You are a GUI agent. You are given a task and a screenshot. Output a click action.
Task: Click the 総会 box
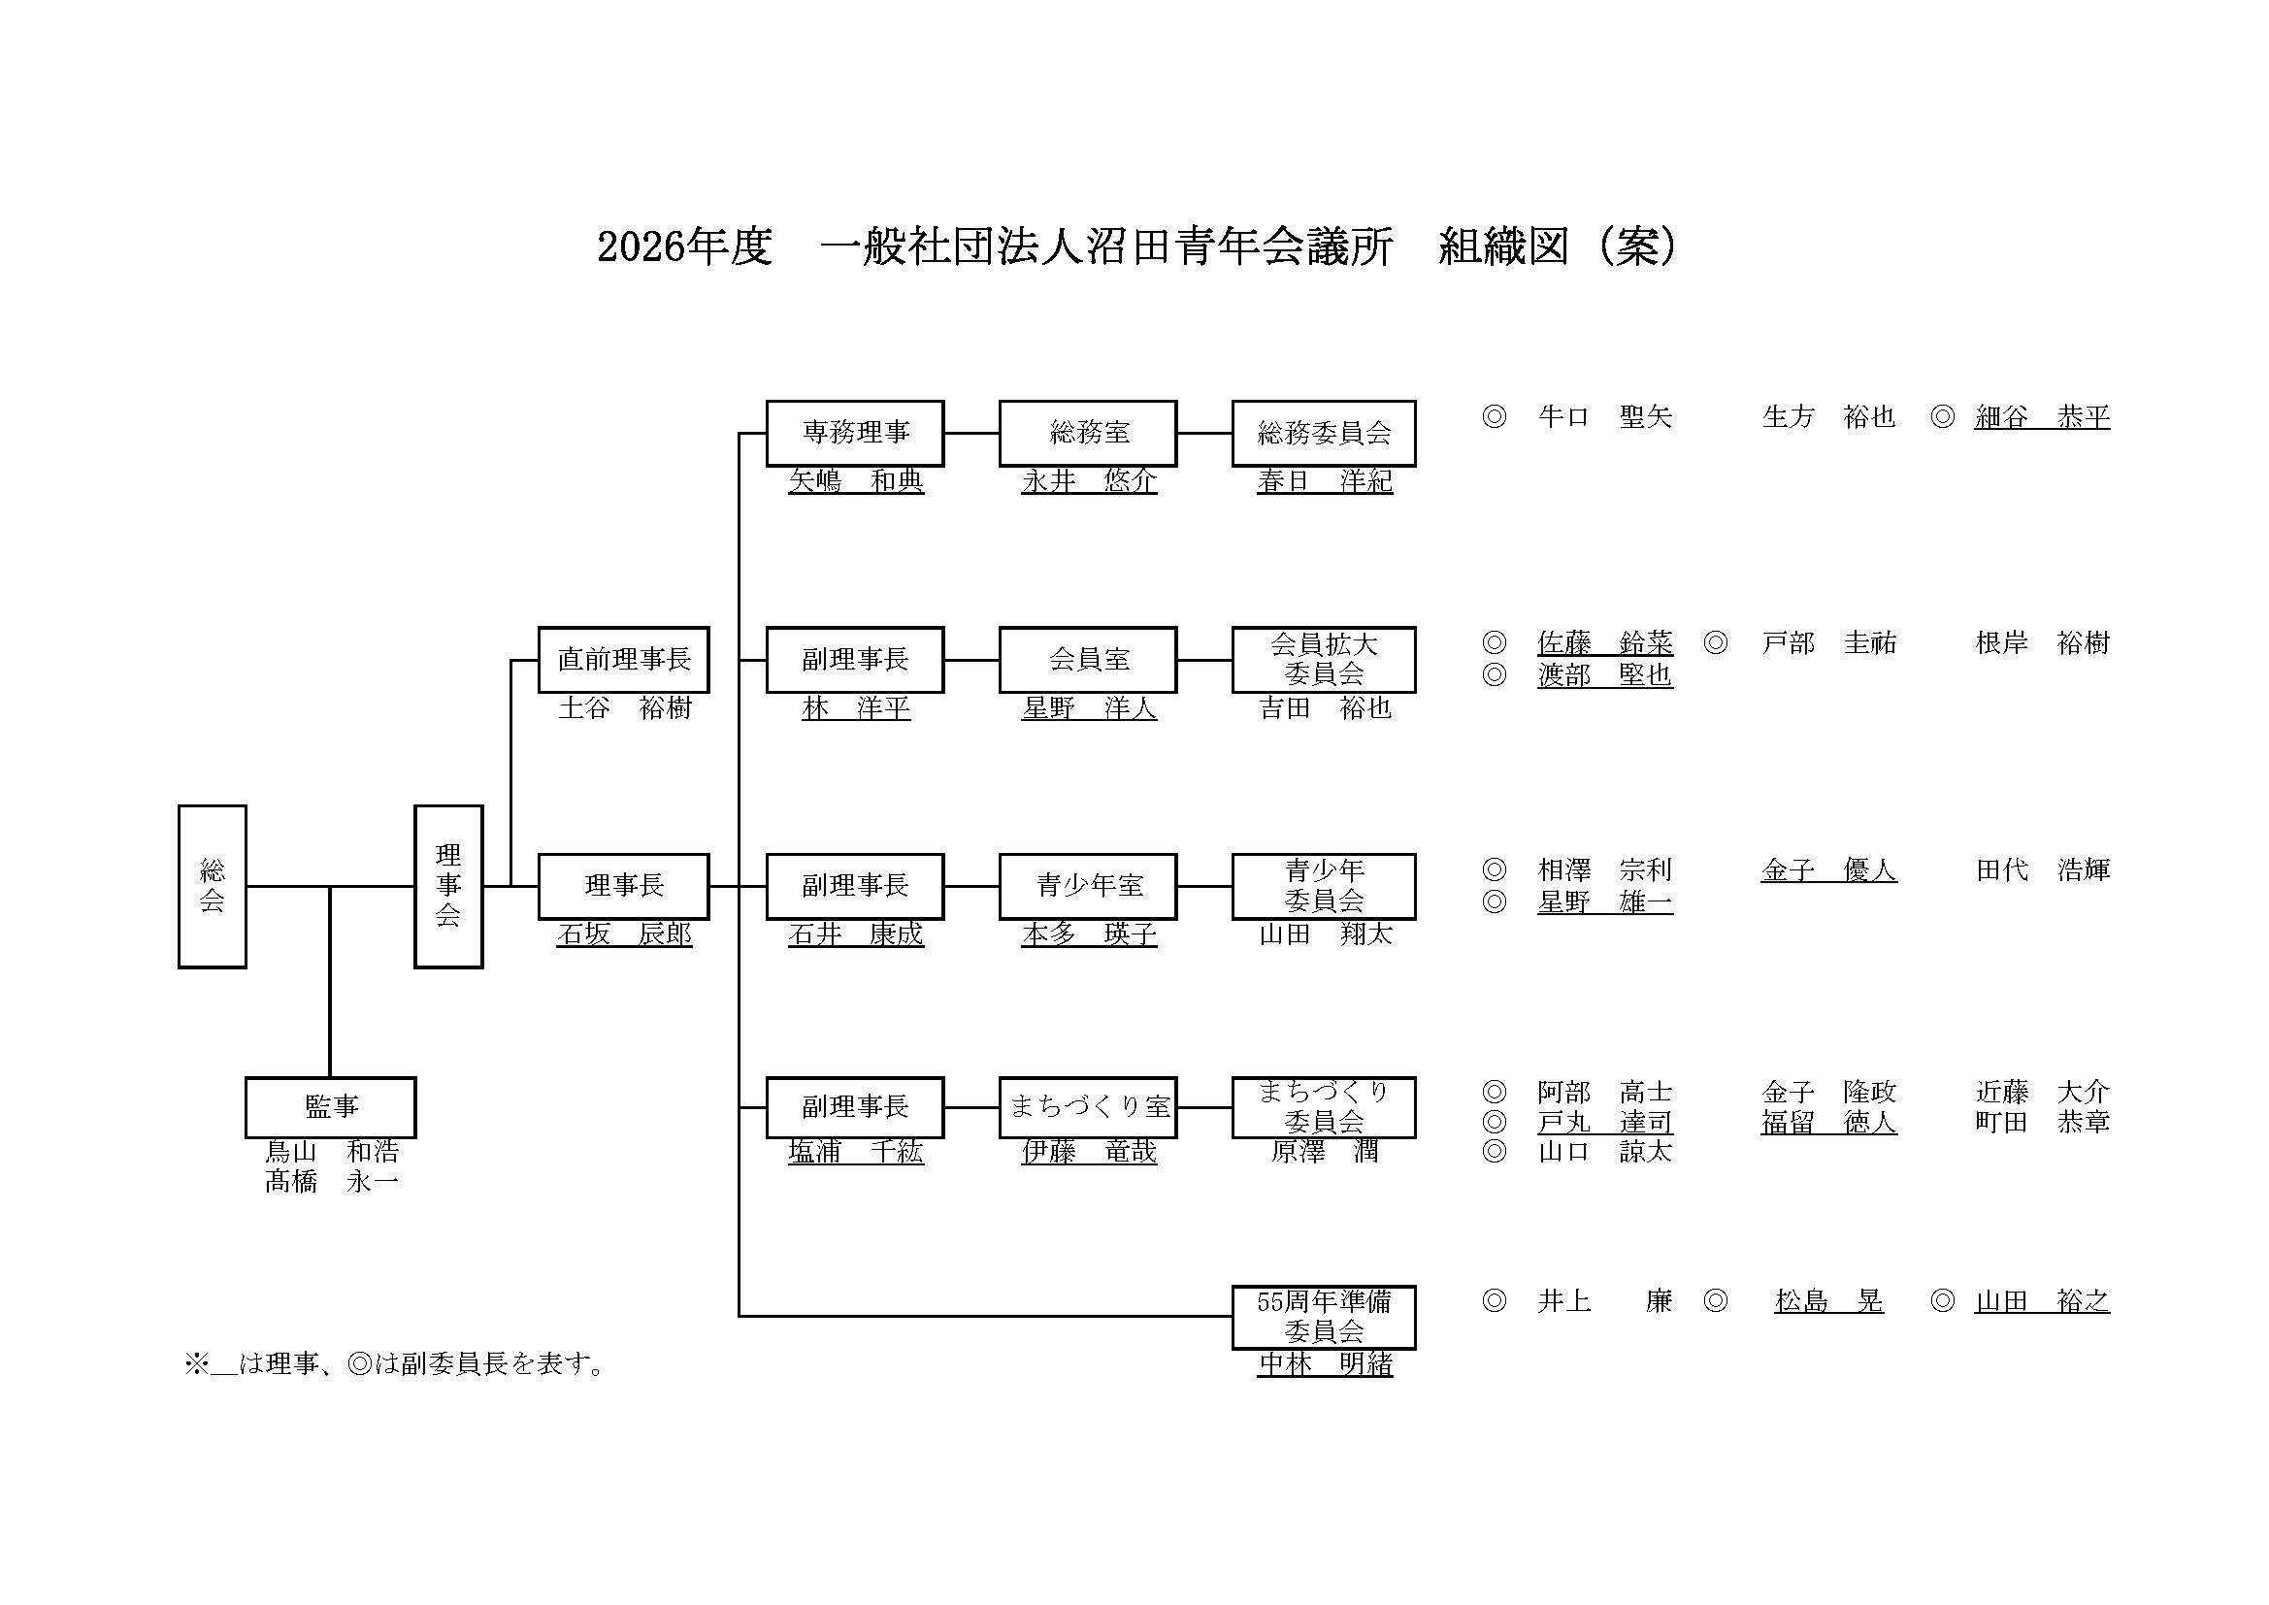click(212, 887)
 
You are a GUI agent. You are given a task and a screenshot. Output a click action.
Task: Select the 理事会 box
click(447, 887)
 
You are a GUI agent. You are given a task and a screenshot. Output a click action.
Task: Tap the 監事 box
click(330, 1107)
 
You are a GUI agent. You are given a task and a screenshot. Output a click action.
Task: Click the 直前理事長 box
click(624, 659)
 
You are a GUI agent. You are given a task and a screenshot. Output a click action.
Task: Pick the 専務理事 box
click(855, 433)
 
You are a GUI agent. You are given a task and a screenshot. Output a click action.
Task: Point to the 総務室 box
click(1088, 433)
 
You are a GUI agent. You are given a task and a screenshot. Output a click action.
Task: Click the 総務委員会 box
click(1323, 433)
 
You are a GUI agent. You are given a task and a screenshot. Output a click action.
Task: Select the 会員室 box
click(1088, 659)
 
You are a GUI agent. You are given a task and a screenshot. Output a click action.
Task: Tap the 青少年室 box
click(1088, 887)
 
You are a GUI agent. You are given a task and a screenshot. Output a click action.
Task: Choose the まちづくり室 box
click(1088, 1107)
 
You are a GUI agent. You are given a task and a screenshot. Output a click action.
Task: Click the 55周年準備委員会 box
click(1323, 1317)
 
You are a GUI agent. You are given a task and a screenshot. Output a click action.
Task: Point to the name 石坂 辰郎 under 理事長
click(624, 934)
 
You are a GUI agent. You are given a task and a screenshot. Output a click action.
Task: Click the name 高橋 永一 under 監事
click(332, 1182)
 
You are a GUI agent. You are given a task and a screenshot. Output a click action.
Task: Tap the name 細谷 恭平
click(2042, 417)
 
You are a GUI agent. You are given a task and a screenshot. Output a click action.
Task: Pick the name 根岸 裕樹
click(2042, 643)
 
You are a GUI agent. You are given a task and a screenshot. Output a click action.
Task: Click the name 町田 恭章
click(2042, 1122)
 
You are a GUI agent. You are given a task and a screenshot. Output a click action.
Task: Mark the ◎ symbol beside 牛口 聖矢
click(1494, 417)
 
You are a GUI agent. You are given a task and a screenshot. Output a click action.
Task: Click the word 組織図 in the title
click(1503, 247)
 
